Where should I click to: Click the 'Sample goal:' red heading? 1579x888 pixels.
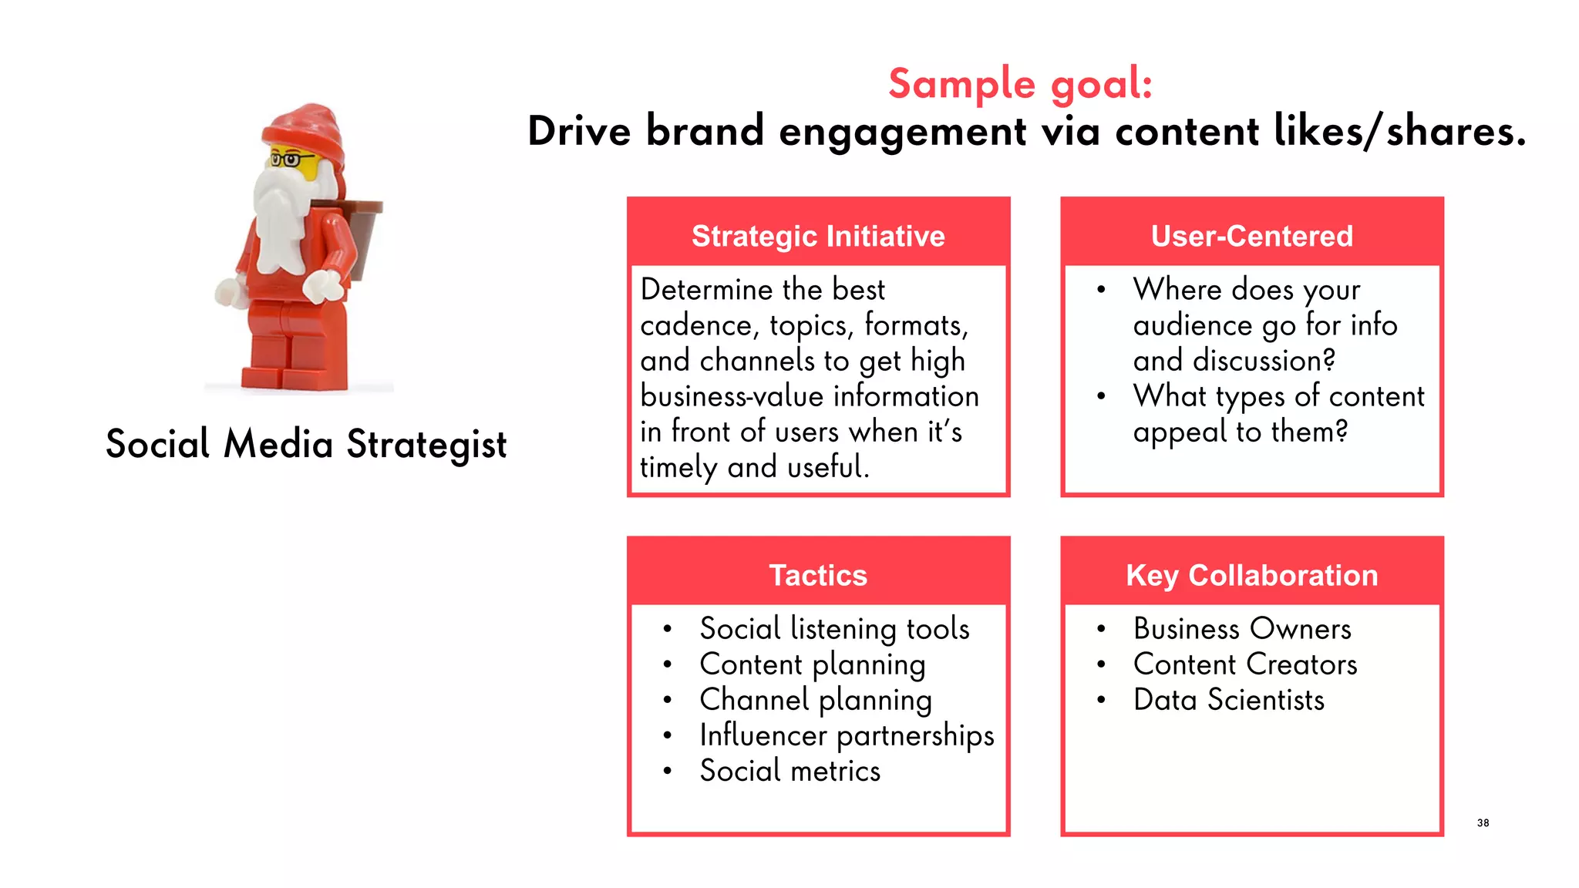click(x=1020, y=83)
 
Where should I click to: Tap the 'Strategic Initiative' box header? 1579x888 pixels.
click(x=818, y=236)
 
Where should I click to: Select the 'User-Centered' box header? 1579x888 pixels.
click(x=1251, y=236)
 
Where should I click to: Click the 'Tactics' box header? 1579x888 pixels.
click(x=818, y=575)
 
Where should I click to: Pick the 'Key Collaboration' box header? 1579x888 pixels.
click(x=1251, y=575)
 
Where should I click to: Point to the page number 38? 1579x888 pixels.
click(x=1483, y=822)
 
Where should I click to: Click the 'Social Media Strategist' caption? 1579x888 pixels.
click(x=306, y=444)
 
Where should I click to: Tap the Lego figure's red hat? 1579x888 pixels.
click(x=305, y=127)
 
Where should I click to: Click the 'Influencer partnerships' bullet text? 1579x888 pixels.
click(x=847, y=735)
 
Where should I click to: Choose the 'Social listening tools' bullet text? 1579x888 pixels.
click(x=834, y=629)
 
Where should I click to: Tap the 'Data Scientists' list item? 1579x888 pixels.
click(x=1228, y=700)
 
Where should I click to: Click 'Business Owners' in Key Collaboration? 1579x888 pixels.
click(x=1242, y=629)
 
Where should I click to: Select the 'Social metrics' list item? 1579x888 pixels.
click(x=789, y=771)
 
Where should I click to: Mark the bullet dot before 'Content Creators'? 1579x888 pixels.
click(x=1102, y=664)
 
